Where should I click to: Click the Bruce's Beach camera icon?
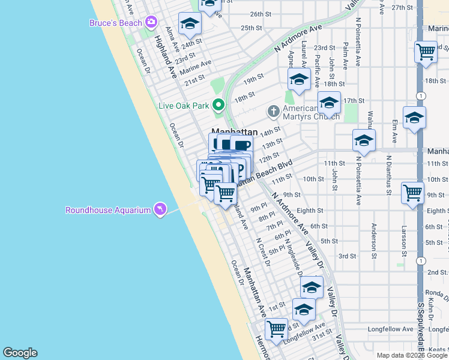click(x=150, y=23)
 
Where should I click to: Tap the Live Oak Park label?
click(x=183, y=106)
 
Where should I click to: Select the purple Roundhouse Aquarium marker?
click(x=160, y=209)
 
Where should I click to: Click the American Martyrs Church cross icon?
click(x=273, y=110)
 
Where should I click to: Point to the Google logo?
click(x=20, y=352)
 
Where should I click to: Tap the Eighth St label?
click(x=310, y=211)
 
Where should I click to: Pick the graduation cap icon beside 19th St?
click(x=298, y=80)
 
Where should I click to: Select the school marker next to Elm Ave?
click(x=414, y=118)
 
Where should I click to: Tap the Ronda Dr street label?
click(x=436, y=294)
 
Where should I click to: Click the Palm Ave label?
click(x=346, y=54)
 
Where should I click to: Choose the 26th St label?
click(x=261, y=14)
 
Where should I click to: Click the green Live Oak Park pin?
click(x=218, y=105)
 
